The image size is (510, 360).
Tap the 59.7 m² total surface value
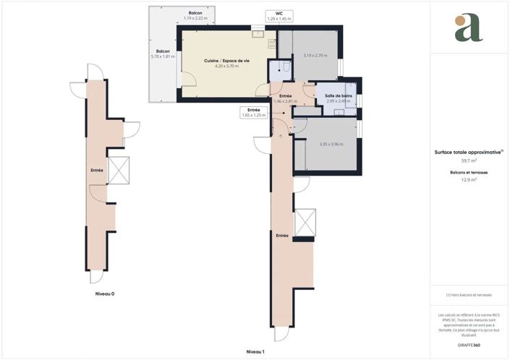(x=469, y=160)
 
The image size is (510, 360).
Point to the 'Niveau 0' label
(x=105, y=294)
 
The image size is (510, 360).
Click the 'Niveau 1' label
(x=255, y=351)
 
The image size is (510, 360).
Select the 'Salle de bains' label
(x=337, y=95)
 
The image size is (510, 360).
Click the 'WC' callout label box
(x=279, y=15)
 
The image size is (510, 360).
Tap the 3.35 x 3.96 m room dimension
(x=331, y=144)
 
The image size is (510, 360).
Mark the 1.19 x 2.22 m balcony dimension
(x=195, y=18)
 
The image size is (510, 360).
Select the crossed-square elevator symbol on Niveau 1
(x=305, y=221)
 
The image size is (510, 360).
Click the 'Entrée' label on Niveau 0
(x=96, y=171)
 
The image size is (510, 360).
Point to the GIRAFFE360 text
(x=469, y=346)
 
